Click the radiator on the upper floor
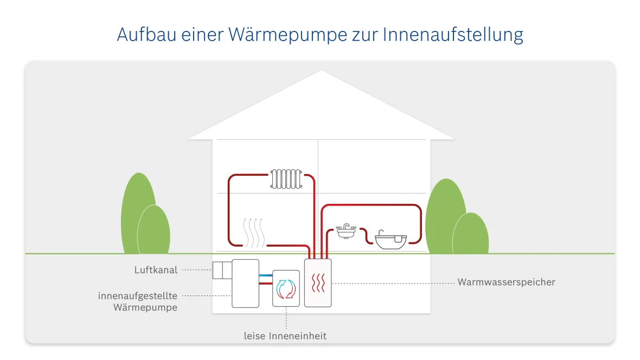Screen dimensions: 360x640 pyautogui.click(x=286, y=178)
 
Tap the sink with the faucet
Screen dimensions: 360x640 pyautogui.click(x=345, y=232)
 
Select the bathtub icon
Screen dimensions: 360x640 pyautogui.click(x=391, y=240)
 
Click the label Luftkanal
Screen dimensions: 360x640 pyautogui.click(x=156, y=269)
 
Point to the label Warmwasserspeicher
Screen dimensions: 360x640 pyautogui.click(x=506, y=282)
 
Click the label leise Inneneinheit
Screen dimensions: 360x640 pyautogui.click(x=285, y=336)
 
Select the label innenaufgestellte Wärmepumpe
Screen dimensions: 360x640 pyautogui.click(x=138, y=301)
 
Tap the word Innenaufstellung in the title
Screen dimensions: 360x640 pyautogui.click(x=453, y=35)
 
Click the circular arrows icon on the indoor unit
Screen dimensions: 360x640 pyautogui.click(x=285, y=288)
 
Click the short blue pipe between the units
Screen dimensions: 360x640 pyautogui.click(x=265, y=276)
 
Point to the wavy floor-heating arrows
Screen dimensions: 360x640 pyautogui.click(x=252, y=233)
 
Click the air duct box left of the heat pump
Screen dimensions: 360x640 pyautogui.click(x=221, y=270)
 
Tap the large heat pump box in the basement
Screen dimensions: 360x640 pyautogui.click(x=245, y=283)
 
